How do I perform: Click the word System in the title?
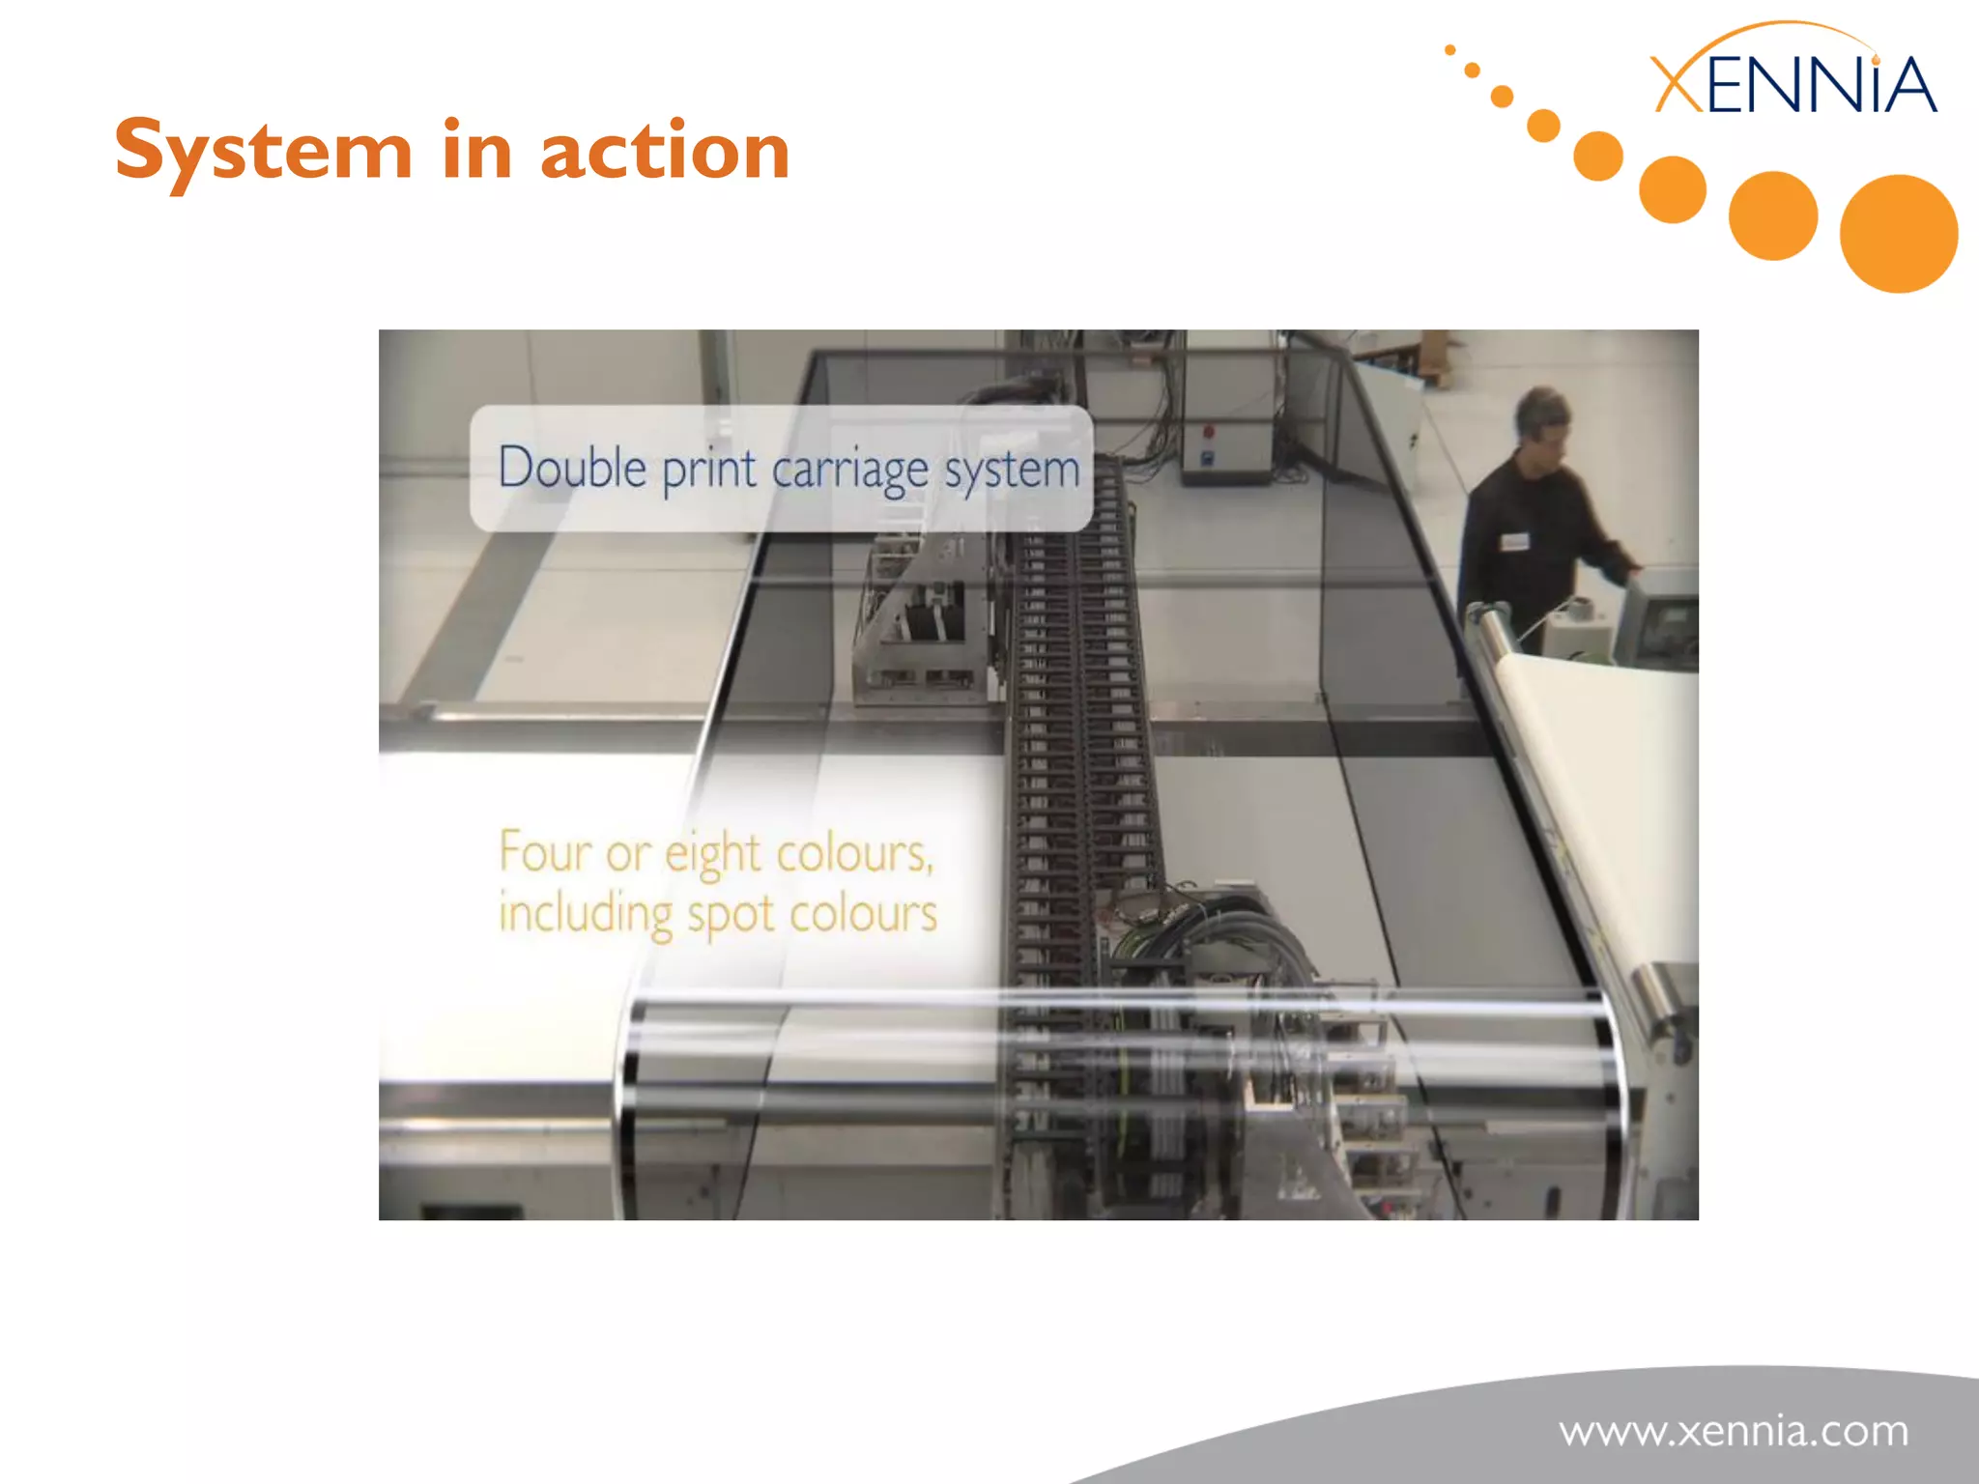pos(263,151)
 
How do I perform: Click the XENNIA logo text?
pos(1793,85)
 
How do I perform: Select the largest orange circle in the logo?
pos(1898,234)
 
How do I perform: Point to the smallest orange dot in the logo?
pos(1449,50)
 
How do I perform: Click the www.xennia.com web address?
pos(1734,1431)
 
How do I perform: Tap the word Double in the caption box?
pos(572,469)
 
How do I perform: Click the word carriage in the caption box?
pos(850,471)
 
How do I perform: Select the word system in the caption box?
pos(1011,471)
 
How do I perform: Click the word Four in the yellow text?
pos(544,852)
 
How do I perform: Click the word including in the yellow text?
pos(586,914)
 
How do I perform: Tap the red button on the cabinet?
pos(1208,432)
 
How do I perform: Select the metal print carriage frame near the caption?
pos(918,618)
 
